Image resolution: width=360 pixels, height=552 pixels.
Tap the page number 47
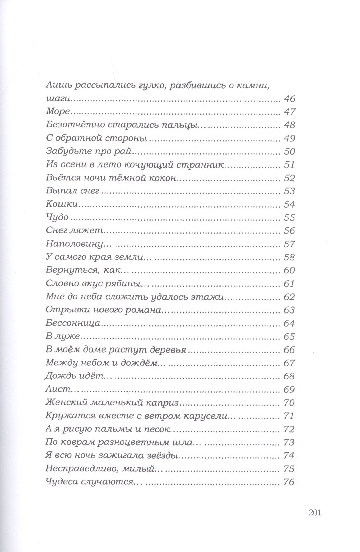[289, 112]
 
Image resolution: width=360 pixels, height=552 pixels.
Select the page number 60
[289, 270]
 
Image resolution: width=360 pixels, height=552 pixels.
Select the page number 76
[289, 482]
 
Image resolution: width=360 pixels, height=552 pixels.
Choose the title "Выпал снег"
[73, 191]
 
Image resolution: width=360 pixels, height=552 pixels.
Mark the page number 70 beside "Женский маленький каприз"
[289, 403]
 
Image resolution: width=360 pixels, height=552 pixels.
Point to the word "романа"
[144, 310]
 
